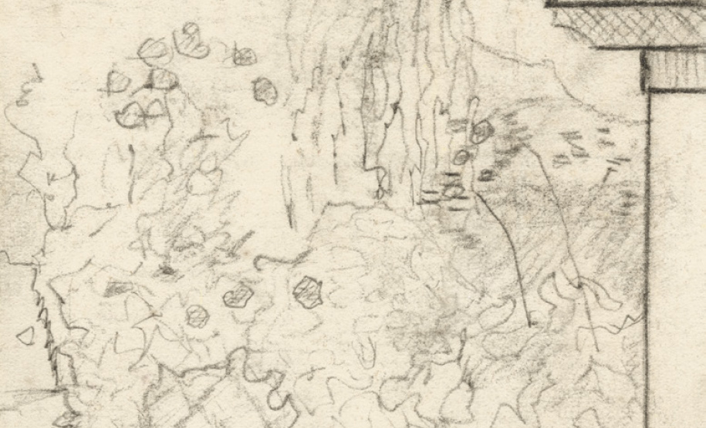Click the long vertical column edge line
[649, 254]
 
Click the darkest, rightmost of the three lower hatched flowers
[308, 292]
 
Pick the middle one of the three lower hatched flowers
[239, 295]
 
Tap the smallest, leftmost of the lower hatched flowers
[198, 315]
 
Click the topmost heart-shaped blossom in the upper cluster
[191, 41]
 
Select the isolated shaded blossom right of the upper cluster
[265, 91]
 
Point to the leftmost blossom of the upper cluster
[118, 80]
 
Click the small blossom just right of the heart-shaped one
[244, 56]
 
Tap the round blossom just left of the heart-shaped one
[154, 49]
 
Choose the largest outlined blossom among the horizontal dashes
[481, 131]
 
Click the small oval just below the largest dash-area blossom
[461, 157]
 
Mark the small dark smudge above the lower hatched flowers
[166, 271]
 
